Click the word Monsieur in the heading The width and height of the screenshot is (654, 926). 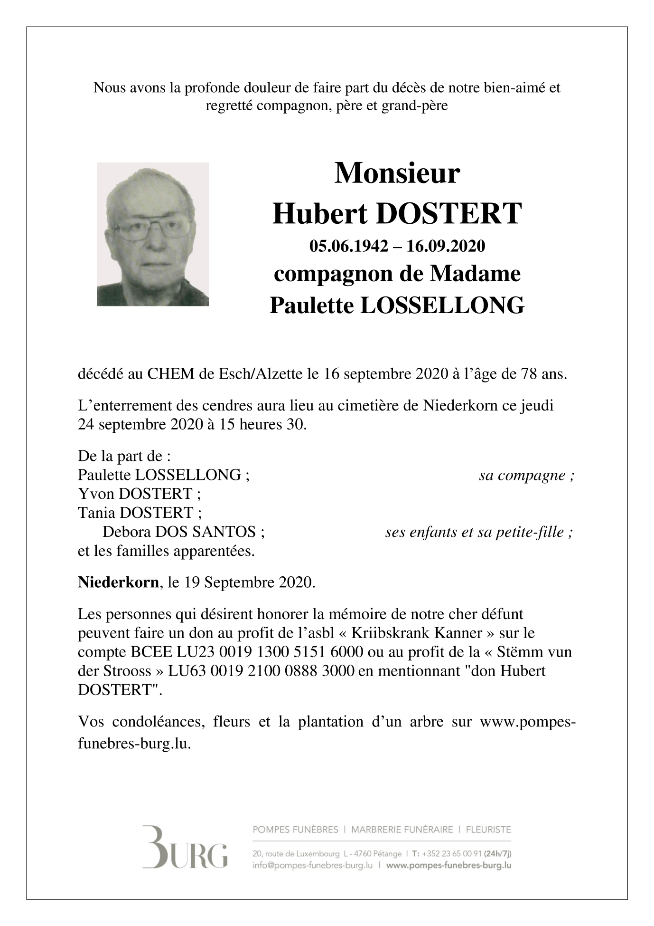(397, 173)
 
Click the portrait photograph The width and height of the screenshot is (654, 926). (152, 234)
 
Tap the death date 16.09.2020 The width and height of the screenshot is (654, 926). (446, 246)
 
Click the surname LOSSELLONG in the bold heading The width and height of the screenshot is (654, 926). (442, 305)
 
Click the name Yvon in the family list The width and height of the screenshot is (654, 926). (96, 494)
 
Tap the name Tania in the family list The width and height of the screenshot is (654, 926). (97, 513)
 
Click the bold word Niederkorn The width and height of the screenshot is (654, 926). (118, 582)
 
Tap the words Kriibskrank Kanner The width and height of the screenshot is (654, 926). (412, 633)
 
